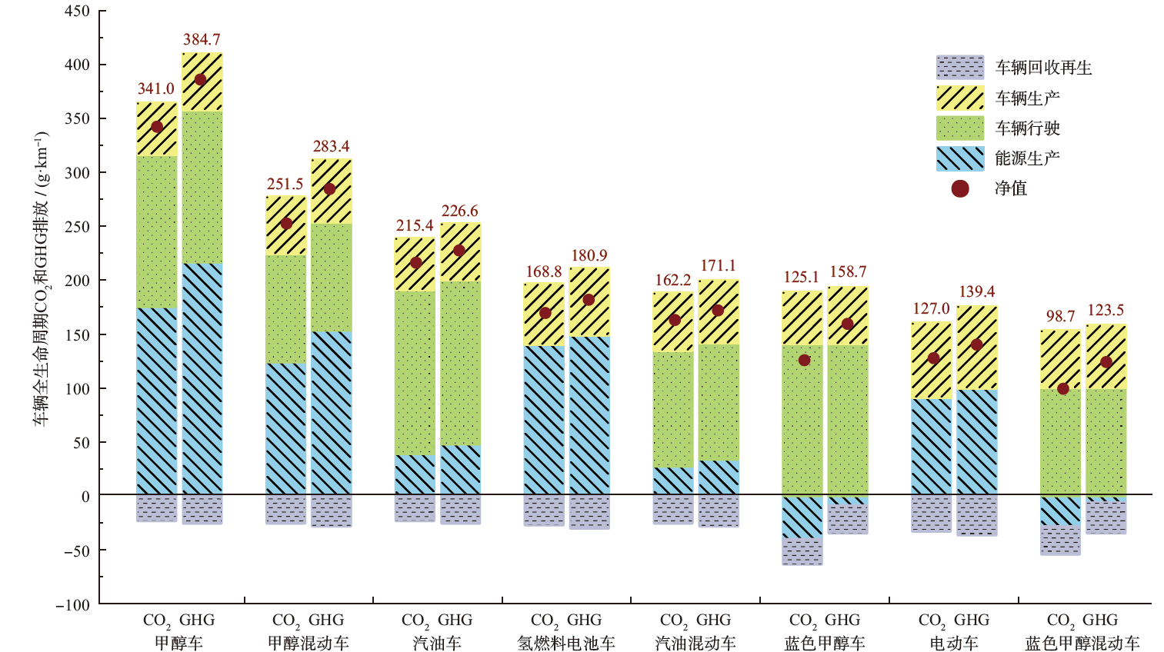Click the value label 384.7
[202, 39]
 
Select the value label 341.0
[156, 88]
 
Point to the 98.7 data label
[1060, 316]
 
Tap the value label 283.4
[331, 146]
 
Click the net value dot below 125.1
[804, 360]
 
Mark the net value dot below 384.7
[201, 79]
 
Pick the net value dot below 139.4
[976, 344]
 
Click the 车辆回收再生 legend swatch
[959, 68]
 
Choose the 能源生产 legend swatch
[959, 158]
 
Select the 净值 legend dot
[959, 188]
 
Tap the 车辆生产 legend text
[1027, 98]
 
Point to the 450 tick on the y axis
[77, 12]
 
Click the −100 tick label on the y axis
[72, 604]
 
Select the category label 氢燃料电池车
[566, 643]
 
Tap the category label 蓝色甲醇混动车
[1082, 643]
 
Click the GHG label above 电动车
[972, 620]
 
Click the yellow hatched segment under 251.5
[286, 225]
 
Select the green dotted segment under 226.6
[460, 363]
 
